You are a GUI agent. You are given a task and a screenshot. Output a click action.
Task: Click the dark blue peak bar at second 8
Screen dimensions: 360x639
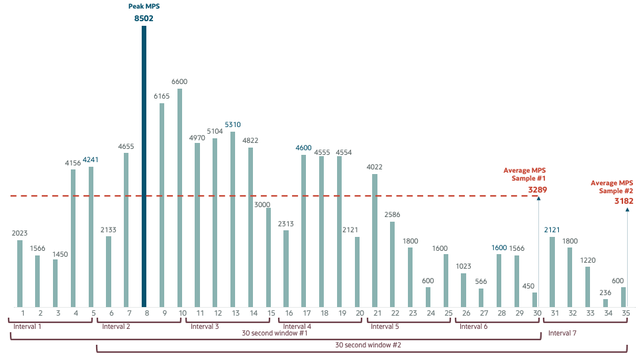(144, 165)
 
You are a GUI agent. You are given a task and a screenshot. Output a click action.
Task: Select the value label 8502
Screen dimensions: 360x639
(144, 19)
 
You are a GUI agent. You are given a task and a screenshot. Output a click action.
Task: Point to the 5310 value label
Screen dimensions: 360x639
(232, 124)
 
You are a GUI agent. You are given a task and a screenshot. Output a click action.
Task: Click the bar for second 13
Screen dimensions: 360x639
(232, 218)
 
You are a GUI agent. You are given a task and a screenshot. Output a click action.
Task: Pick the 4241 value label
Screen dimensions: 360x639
(91, 159)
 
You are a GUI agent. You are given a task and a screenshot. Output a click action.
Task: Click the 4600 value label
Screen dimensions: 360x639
(303, 148)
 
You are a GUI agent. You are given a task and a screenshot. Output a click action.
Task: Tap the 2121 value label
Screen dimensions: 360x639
(552, 230)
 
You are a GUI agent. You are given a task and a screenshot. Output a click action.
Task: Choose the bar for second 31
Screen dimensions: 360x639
(552, 271)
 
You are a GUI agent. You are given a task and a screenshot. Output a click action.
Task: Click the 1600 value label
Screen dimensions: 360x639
(499, 247)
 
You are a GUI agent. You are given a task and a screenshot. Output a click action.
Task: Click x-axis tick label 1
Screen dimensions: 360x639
(23, 313)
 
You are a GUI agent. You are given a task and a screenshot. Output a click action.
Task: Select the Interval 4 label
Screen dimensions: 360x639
(297, 326)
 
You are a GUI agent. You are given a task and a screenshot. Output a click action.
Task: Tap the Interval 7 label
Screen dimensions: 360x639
(563, 333)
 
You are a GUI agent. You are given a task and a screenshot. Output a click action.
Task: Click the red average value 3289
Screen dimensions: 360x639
(536, 190)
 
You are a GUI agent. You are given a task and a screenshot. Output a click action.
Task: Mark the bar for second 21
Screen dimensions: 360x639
(375, 240)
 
